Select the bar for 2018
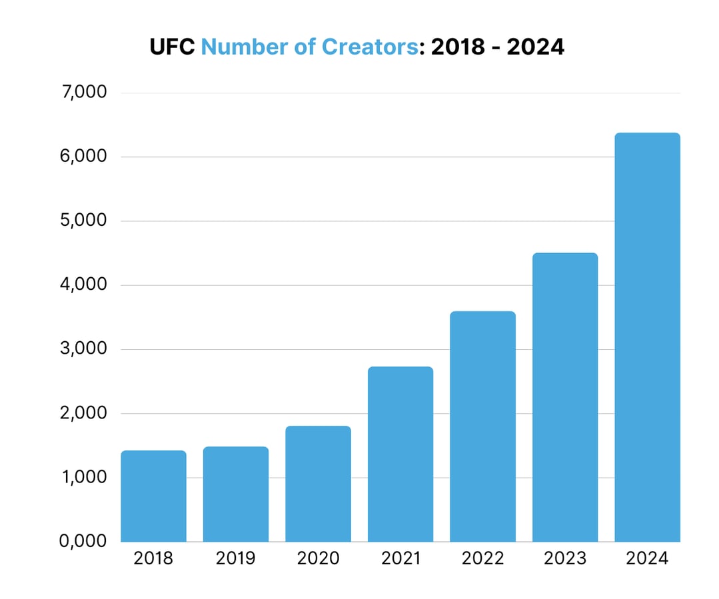[153, 496]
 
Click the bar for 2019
[236, 494]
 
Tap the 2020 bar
[318, 484]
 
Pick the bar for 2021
[400, 454]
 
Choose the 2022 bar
[482, 426]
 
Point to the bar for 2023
[565, 398]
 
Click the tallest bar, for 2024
[647, 337]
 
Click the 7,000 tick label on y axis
[83, 92]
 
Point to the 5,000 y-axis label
[83, 221]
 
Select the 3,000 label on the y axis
[83, 348]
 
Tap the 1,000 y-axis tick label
[83, 477]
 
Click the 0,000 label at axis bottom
[83, 540]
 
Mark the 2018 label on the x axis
[153, 558]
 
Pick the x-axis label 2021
[400, 558]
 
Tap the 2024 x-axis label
[647, 558]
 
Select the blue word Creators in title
[370, 47]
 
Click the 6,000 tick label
[83, 157]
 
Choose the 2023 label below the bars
[565, 558]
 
